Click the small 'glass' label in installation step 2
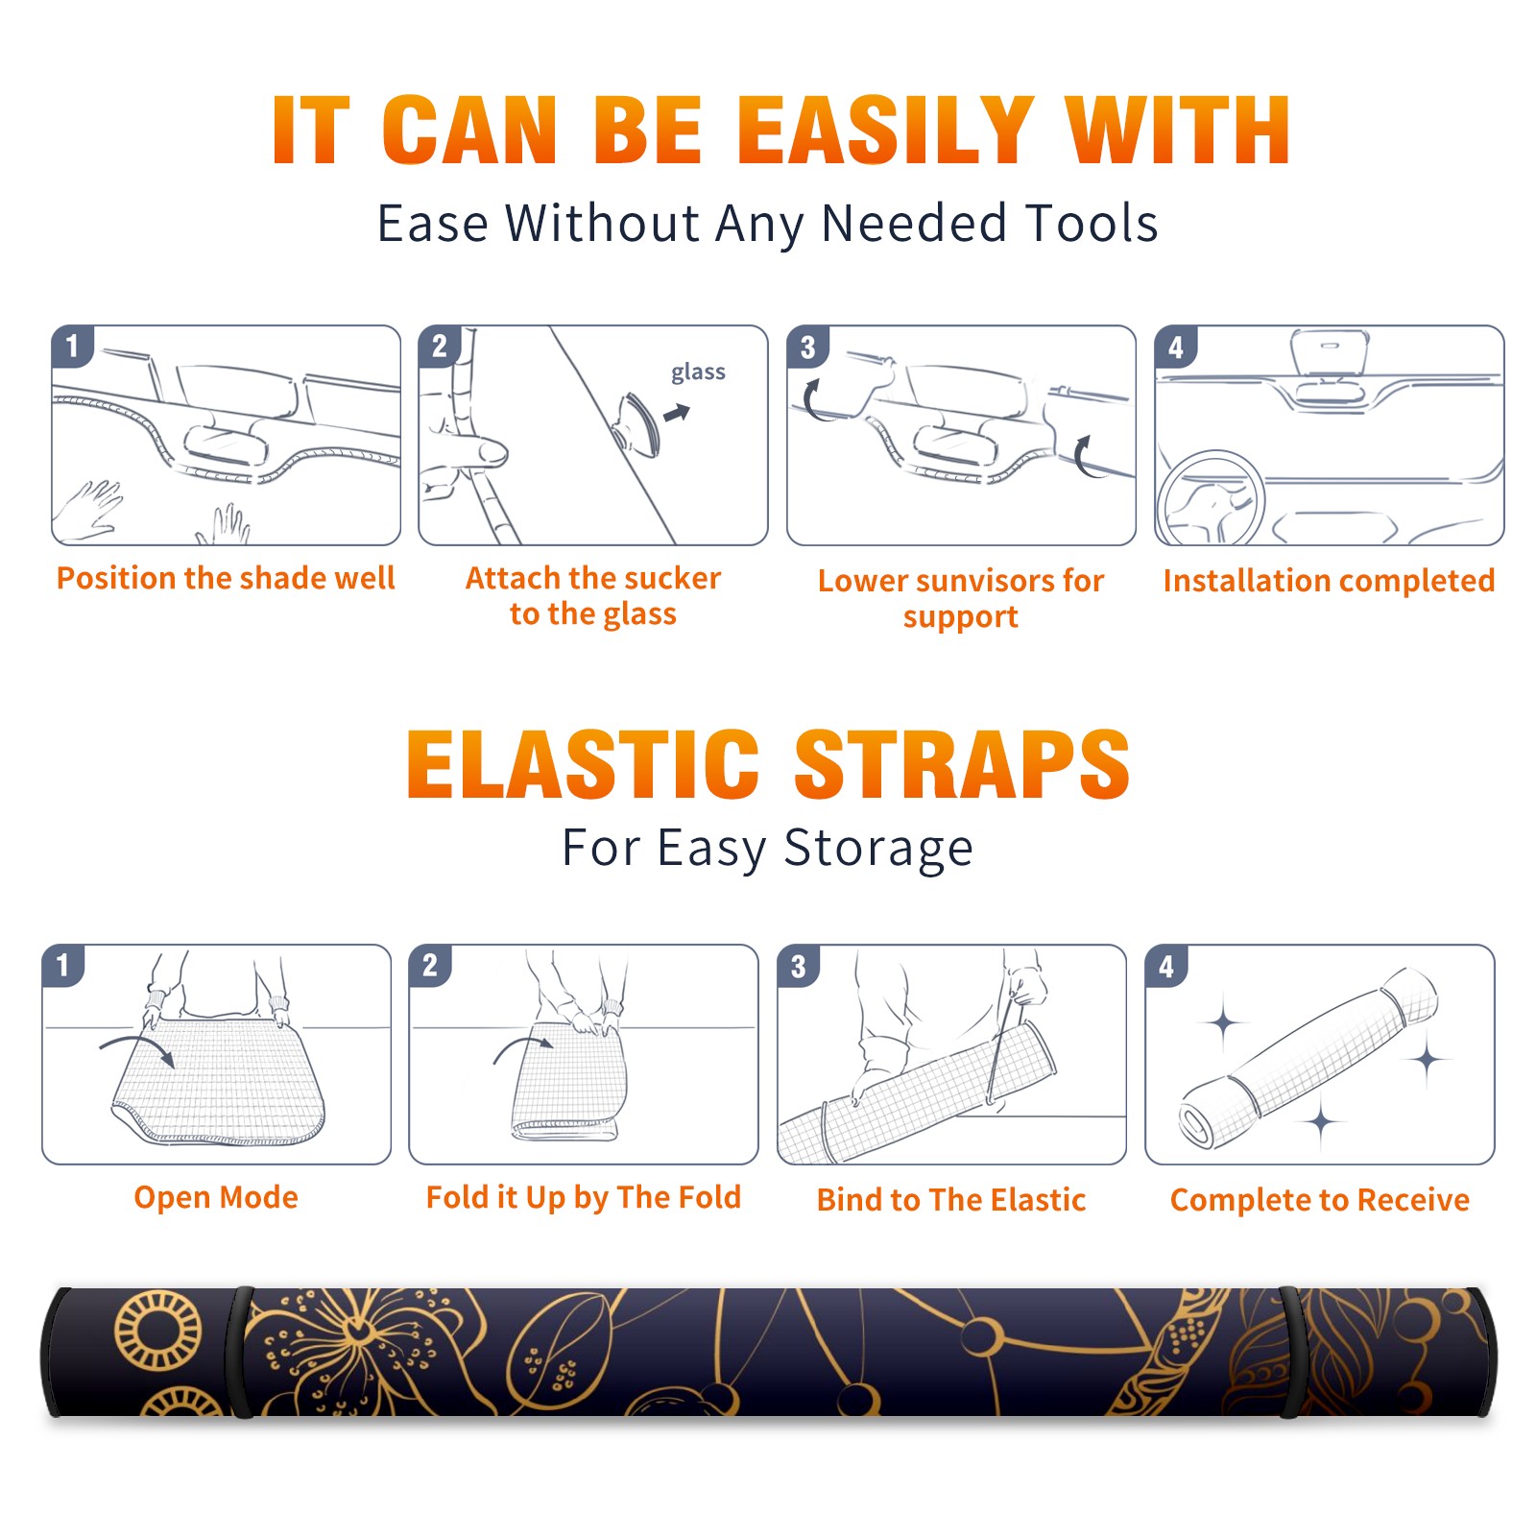pyautogui.click(x=698, y=372)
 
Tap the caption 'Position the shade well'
pyautogui.click(x=226, y=578)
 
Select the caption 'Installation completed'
pyautogui.click(x=1329, y=581)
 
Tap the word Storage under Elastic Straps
pyautogui.click(x=878, y=850)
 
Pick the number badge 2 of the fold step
pyautogui.click(x=430, y=966)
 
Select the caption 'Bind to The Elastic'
pyautogui.click(x=951, y=1200)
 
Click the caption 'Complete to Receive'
pyautogui.click(x=1320, y=1200)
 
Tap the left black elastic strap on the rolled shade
pyautogui.click(x=240, y=1353)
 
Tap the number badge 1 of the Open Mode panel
pyautogui.click(x=63, y=966)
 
